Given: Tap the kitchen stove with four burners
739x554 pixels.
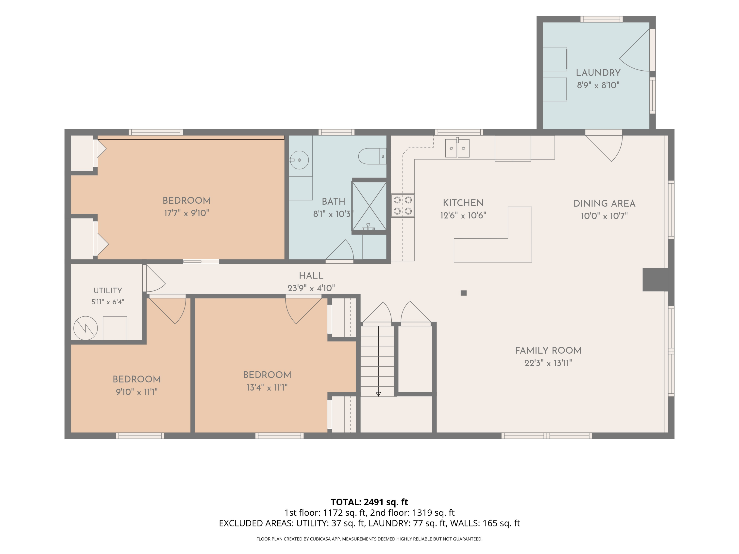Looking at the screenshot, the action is [x=403, y=205].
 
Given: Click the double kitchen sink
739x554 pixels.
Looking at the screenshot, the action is [x=457, y=148].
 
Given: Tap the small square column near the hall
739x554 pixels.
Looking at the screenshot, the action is [x=463, y=293].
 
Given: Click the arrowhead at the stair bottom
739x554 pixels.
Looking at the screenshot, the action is [x=378, y=394].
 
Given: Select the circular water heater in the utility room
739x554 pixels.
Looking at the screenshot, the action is [x=85, y=328].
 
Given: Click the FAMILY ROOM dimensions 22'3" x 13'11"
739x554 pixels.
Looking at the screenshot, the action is [x=548, y=363].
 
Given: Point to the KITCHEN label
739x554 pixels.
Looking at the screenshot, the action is [x=463, y=203].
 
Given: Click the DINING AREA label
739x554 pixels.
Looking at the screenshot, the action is [x=604, y=203].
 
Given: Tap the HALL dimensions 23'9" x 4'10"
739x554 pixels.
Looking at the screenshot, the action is [x=311, y=288].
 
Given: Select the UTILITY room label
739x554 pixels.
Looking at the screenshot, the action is [x=108, y=291].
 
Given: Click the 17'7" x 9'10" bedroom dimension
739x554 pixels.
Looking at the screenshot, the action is [x=186, y=213].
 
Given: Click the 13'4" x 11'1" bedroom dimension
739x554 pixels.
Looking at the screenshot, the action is [x=267, y=387].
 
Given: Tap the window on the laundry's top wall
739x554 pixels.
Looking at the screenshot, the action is [x=601, y=19].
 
